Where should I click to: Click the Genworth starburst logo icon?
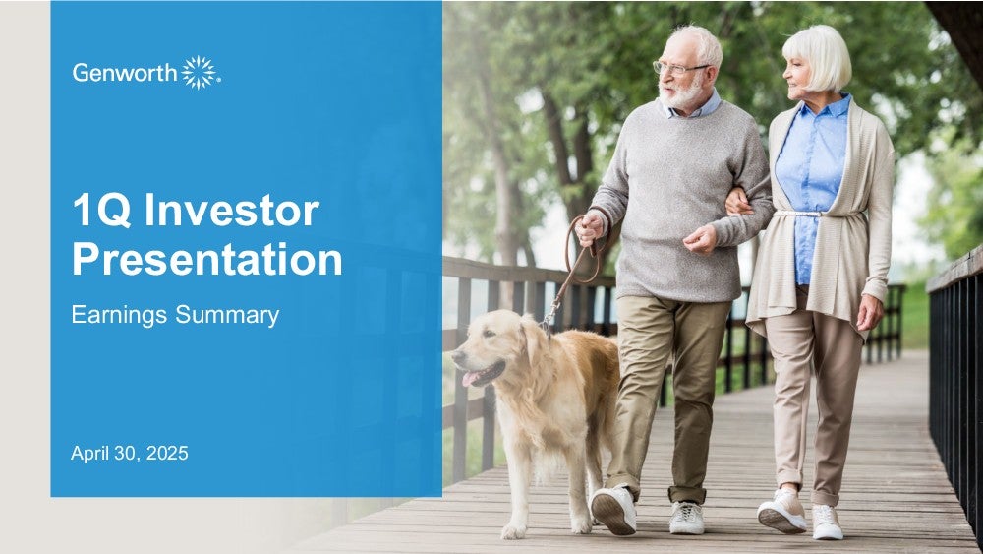[200, 72]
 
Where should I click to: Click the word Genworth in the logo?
[125, 73]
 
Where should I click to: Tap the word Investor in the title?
[232, 211]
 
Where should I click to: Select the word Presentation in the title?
[206, 260]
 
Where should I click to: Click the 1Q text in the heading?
[101, 211]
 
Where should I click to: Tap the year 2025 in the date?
[167, 453]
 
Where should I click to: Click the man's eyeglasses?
[678, 68]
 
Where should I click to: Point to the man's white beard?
[682, 94]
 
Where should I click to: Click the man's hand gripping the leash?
[589, 227]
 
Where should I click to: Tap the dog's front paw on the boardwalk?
[514, 530]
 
